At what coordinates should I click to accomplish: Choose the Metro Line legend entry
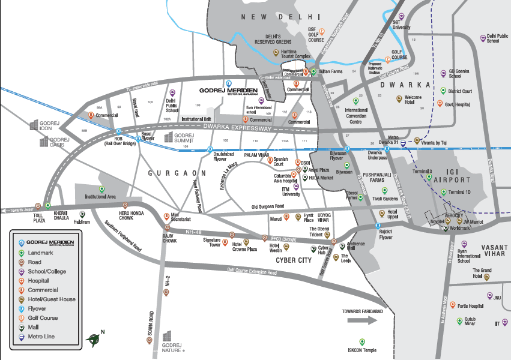[39, 337]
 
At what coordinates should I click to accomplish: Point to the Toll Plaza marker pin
[39, 205]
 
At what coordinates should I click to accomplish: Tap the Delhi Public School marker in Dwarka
[483, 38]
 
